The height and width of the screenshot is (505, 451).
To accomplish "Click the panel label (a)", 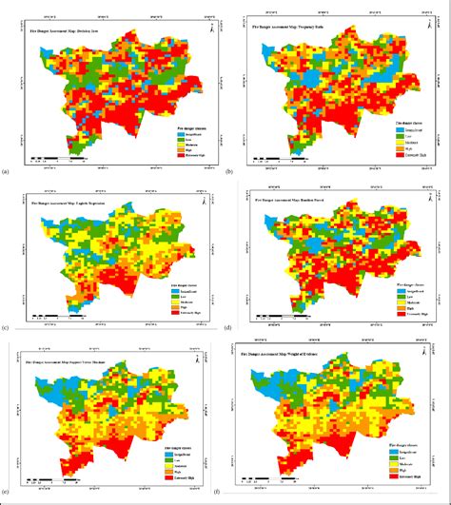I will click(x=8, y=171).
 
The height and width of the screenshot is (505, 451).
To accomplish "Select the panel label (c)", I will click(x=8, y=327).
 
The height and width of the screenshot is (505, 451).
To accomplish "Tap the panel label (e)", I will click(x=8, y=496).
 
